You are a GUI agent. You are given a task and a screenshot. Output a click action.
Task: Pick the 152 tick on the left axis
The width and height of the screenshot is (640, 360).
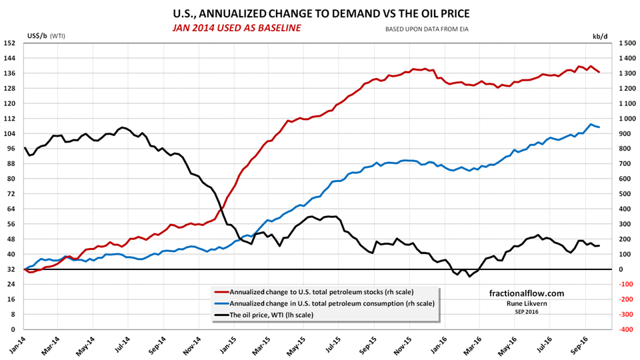(11, 43)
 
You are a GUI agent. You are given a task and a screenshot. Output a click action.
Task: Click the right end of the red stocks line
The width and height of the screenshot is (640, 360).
(599, 72)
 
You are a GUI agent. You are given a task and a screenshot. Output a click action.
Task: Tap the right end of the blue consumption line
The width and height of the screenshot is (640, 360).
(599, 127)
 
